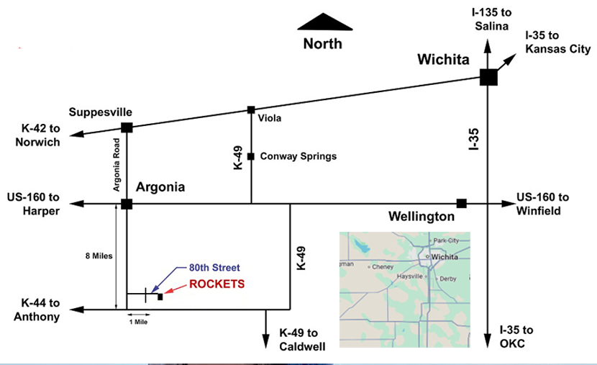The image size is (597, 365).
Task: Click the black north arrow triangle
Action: click(325, 22)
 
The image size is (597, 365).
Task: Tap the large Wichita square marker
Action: click(488, 77)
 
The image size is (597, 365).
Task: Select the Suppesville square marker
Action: click(127, 128)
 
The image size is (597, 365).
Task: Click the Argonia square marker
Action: click(127, 204)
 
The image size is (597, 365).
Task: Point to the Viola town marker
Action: click(251, 110)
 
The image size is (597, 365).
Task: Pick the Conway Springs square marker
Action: click(251, 156)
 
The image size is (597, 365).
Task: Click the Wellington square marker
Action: click(462, 204)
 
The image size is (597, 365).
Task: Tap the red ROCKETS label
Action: click(217, 284)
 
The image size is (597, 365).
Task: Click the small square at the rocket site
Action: click(160, 297)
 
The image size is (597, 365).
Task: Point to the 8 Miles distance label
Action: click(97, 256)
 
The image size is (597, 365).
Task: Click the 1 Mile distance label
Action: click(138, 322)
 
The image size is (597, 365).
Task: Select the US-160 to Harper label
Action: click(32, 204)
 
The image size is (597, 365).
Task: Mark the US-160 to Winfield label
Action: click(542, 204)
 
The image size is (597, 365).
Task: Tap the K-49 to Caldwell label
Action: click(303, 340)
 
